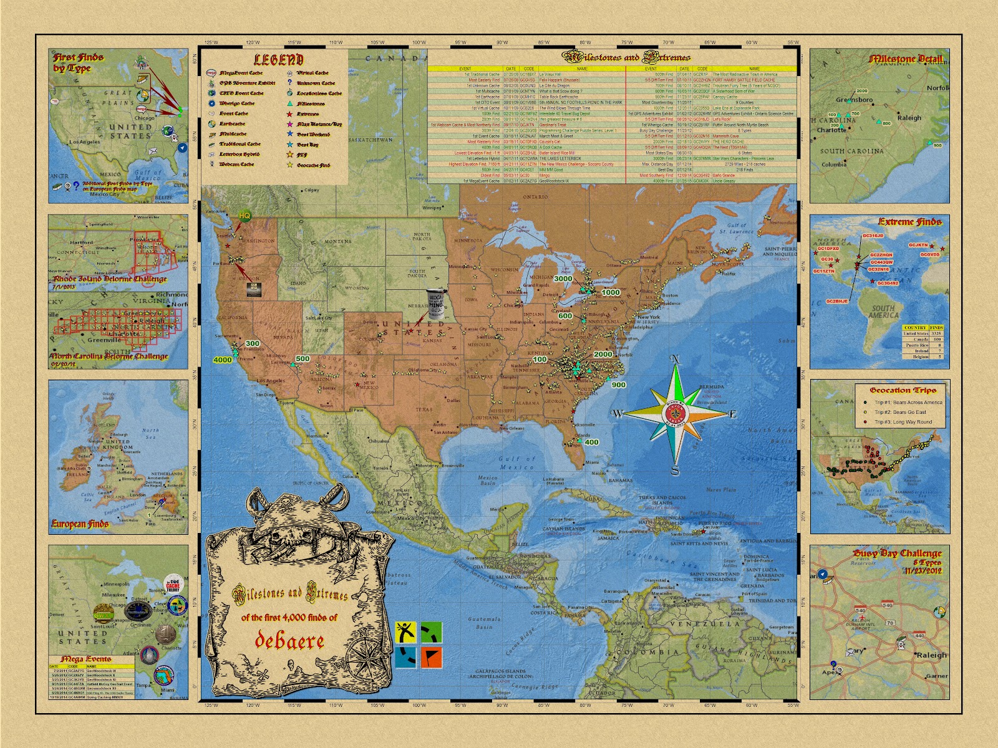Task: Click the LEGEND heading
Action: pyautogui.click(x=278, y=60)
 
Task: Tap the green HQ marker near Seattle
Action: pyautogui.click(x=245, y=215)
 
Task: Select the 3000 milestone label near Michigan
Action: pyautogui.click(x=563, y=279)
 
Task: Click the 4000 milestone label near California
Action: pyautogui.click(x=223, y=360)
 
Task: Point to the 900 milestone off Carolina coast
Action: pyautogui.click(x=618, y=385)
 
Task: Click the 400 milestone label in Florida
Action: pyautogui.click(x=591, y=442)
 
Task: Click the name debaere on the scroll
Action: pyautogui.click(x=289, y=640)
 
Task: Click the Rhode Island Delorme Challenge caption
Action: pyautogui.click(x=110, y=279)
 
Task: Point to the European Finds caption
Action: pyautogui.click(x=80, y=524)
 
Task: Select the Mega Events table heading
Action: pyautogui.click(x=85, y=659)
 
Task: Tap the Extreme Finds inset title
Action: pyautogui.click(x=909, y=221)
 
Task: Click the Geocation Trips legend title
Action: pyautogui.click(x=903, y=390)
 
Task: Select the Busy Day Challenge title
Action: pyautogui.click(x=897, y=554)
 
